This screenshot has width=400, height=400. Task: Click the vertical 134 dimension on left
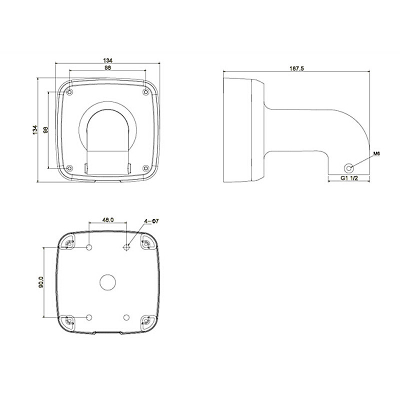point(34,129)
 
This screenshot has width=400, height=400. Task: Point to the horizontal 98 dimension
point(107,67)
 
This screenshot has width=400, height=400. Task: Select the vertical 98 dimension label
point(45,130)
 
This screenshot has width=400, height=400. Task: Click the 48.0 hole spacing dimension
point(108,219)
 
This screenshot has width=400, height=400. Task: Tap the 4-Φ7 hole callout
point(151,220)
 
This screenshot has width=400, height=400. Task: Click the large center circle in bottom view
point(107,282)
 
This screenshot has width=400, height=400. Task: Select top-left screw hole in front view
point(69,92)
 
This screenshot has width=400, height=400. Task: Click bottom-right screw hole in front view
point(145,168)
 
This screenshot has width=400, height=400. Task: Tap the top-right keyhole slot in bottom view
point(146,243)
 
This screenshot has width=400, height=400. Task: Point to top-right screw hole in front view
point(145,92)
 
